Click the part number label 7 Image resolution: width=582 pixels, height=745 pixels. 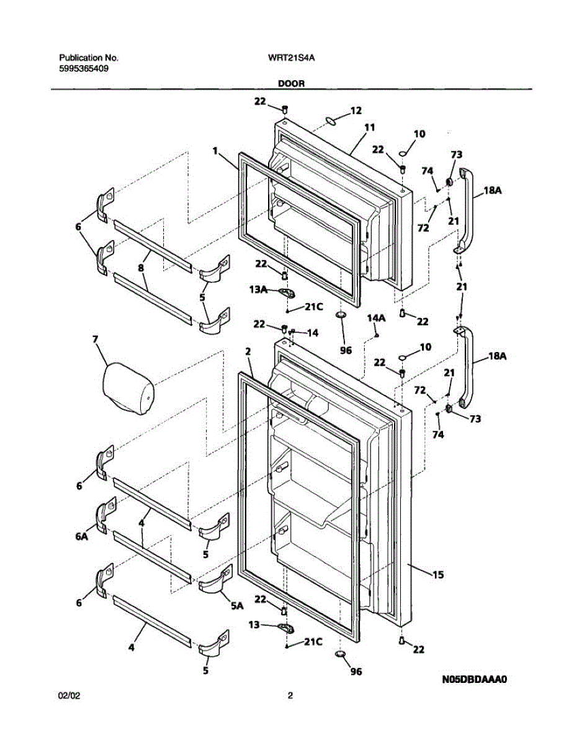[x=95, y=340]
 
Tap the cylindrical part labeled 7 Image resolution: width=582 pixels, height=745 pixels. [x=127, y=390]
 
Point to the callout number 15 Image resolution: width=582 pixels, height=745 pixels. [x=437, y=576]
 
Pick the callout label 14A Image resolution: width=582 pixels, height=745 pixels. [x=376, y=318]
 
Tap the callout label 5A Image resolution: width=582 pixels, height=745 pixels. [x=236, y=607]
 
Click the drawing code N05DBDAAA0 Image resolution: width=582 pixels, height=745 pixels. [x=475, y=680]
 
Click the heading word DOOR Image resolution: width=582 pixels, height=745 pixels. [x=291, y=83]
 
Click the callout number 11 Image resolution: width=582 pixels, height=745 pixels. [x=370, y=127]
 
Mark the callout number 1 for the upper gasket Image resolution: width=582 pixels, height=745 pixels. [x=215, y=150]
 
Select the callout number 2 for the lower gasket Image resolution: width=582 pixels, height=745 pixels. [x=248, y=351]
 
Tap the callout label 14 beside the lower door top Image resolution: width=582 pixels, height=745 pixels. [x=312, y=333]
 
